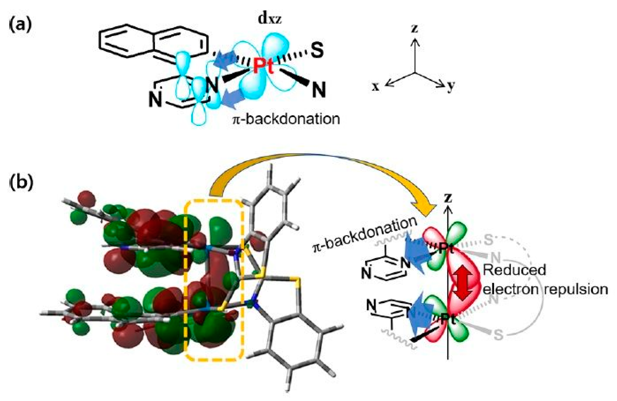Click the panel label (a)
(x=21, y=26)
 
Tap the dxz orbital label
(x=270, y=20)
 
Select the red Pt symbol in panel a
(x=263, y=66)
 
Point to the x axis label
(x=376, y=87)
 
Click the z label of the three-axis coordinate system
(x=415, y=28)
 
